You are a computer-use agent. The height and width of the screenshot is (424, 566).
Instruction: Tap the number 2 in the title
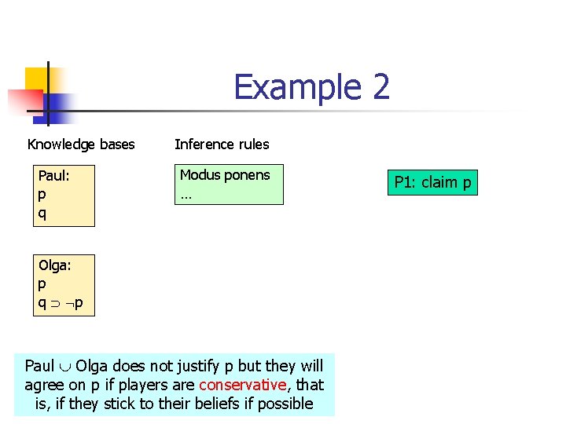point(380,86)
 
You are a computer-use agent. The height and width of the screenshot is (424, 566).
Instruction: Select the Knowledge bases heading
point(81,144)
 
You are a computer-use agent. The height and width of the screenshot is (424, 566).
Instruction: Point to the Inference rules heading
point(222,144)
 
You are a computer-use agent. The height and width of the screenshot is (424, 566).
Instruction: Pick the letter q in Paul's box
point(42,212)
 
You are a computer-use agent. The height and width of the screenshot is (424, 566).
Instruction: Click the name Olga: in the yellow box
point(55,266)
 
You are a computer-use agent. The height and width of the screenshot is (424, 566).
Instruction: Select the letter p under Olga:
point(42,285)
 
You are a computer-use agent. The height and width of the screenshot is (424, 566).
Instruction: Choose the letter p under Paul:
point(42,194)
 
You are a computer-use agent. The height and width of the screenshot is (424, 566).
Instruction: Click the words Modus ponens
point(225,175)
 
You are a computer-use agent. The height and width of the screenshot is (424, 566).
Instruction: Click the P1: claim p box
point(432,183)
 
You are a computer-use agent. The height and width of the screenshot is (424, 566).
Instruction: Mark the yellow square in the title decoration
point(37,79)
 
